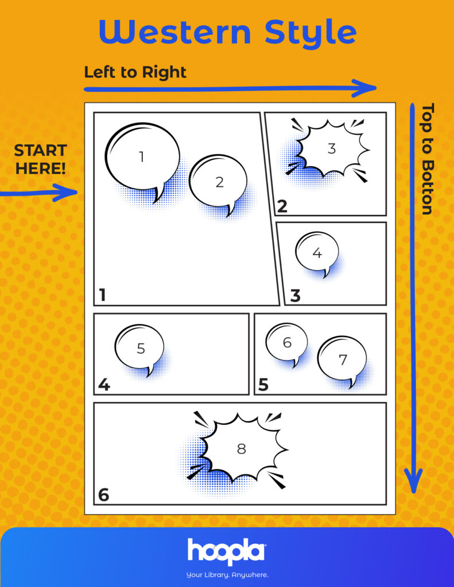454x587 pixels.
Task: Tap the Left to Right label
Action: point(135,72)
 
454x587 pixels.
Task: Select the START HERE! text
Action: point(41,159)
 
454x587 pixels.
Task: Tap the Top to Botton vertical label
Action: point(428,159)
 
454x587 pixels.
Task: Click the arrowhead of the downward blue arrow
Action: point(413,481)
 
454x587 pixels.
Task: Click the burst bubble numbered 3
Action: point(328,150)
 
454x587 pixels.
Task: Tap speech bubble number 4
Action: point(317,254)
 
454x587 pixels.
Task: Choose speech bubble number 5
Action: point(139,350)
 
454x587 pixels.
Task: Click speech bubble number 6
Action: point(287,344)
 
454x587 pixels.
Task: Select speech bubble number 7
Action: point(342,361)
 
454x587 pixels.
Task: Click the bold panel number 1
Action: point(102,295)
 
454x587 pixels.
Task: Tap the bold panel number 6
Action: point(103,495)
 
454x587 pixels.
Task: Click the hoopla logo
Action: point(227,552)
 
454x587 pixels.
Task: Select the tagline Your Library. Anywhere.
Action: point(227,574)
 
